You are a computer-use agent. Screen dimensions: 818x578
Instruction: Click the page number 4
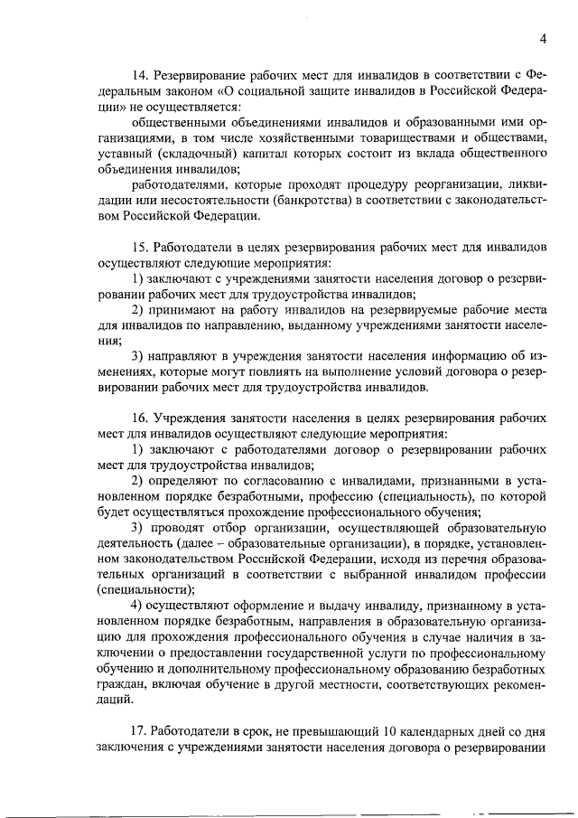[x=543, y=38]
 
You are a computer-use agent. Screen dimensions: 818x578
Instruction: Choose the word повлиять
[x=267, y=374]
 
